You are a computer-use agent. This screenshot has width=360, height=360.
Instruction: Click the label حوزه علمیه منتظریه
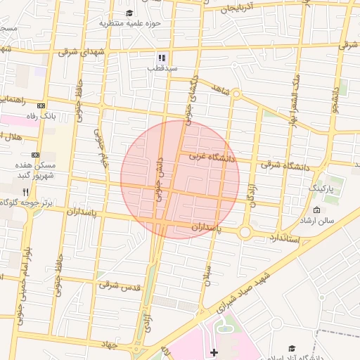pos(130,23)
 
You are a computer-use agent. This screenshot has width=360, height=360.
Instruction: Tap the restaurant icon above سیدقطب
pos(162,58)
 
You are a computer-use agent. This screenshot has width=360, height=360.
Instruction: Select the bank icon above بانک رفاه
pos(40,104)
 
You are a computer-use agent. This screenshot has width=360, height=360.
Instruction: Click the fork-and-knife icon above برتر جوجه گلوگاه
pos(25,191)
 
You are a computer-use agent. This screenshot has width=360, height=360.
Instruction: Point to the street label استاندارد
pos(284,239)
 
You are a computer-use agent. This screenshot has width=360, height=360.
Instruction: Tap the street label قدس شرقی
pos(120,285)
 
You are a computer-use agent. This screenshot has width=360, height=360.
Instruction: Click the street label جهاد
pos(108,345)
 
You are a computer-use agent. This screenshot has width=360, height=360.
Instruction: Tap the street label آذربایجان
pos(246,8)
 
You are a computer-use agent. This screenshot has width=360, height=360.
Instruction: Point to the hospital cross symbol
pos(214,352)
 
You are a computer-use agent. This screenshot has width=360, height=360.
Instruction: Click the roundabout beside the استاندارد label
pos(245,232)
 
